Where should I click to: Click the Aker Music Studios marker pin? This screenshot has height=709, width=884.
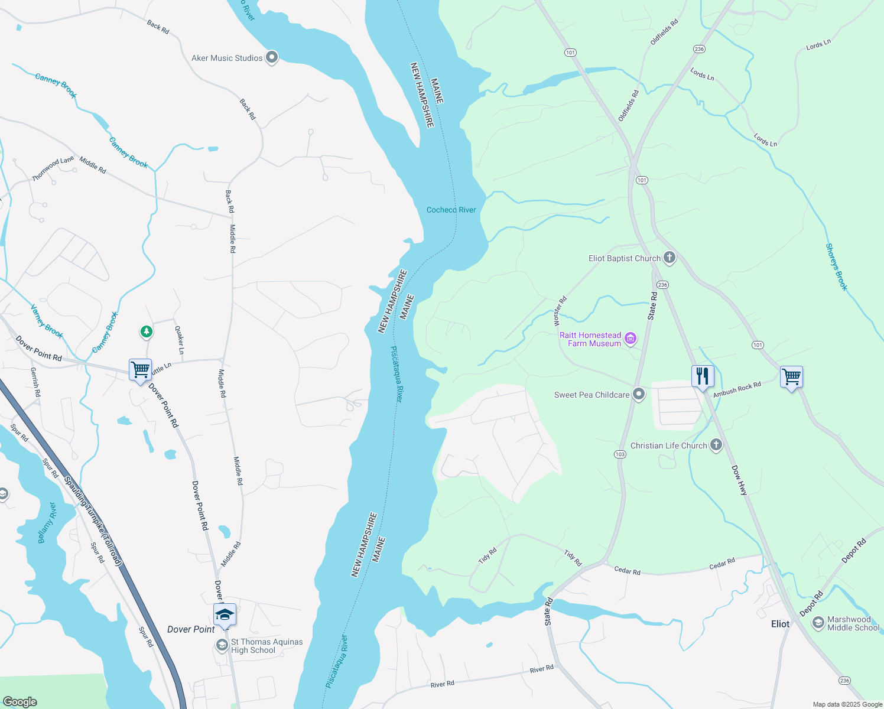[272, 57]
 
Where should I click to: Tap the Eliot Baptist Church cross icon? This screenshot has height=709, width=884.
[669, 257]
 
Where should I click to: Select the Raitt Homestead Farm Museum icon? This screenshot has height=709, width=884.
[631, 339]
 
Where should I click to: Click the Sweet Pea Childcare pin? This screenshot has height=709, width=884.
[639, 394]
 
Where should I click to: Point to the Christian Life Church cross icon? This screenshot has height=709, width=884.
[716, 444]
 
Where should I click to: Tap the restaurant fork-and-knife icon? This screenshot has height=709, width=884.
[703, 376]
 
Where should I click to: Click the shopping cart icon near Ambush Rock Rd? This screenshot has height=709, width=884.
[791, 376]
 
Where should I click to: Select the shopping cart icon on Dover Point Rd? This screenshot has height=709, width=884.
[141, 370]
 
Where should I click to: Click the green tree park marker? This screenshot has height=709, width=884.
[147, 331]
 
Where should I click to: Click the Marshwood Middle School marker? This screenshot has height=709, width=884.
[818, 623]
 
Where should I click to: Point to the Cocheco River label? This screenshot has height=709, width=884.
[451, 210]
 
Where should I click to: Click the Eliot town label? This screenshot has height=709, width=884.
[780, 624]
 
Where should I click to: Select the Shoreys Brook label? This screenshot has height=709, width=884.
[837, 267]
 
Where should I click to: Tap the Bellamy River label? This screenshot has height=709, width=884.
[47, 523]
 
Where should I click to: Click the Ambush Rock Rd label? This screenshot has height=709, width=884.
[737, 390]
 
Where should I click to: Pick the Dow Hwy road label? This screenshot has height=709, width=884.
[739, 479]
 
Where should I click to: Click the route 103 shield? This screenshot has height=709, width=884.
[620, 454]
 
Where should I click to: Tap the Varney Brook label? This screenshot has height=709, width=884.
[46, 321]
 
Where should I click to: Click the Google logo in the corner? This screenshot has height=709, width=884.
[19, 701]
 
